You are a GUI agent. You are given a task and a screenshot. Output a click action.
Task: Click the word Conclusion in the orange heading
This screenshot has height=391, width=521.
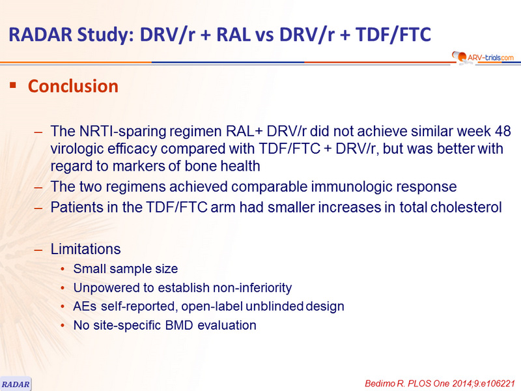pos(73,86)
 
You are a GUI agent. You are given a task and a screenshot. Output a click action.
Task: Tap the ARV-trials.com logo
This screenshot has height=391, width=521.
pos(483,57)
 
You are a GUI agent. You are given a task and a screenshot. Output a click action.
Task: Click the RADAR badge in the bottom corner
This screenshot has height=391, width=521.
pos(16,384)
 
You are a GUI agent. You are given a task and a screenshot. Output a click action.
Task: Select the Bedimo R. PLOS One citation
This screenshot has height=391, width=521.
pos(440,383)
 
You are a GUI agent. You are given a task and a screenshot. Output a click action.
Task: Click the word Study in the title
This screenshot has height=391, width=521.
pos(105,35)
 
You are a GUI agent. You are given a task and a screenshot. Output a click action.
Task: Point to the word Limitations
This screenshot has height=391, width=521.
pos(85,249)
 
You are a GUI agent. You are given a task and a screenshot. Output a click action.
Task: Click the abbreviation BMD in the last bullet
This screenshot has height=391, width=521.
pos(178,325)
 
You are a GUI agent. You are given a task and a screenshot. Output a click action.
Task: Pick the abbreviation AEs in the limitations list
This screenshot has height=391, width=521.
pos(85,306)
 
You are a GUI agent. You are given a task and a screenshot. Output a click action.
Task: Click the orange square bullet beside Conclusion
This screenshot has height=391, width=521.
pos(13,85)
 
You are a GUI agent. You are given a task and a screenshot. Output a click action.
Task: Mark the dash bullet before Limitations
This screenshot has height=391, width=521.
pos(38,250)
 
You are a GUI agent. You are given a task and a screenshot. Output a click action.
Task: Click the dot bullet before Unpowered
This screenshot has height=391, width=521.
pos(63,288)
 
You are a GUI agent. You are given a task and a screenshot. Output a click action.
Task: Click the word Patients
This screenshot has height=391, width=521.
pos(76,207)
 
